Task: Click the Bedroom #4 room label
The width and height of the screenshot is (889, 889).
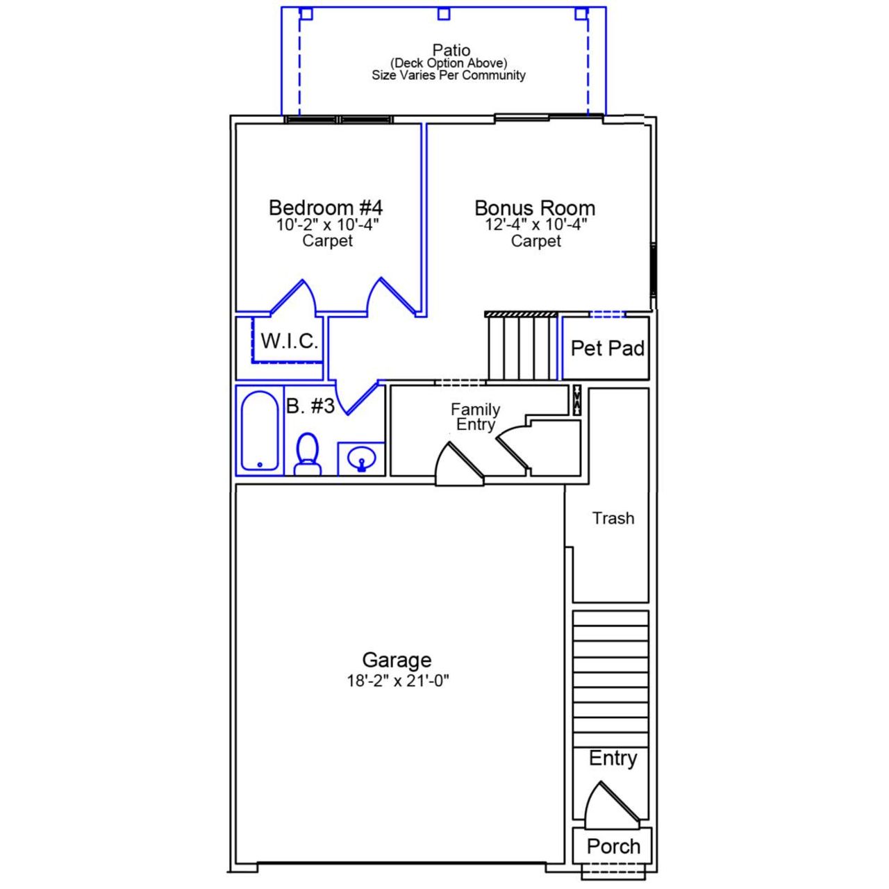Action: point(325,208)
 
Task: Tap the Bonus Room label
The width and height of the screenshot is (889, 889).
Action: point(535,208)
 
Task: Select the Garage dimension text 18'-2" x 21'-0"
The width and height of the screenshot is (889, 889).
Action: point(398,681)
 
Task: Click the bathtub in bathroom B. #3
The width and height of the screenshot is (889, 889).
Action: point(260,431)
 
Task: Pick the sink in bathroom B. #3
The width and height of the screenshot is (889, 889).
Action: point(361,459)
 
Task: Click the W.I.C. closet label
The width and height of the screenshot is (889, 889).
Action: point(290,341)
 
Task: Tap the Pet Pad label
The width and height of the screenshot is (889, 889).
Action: point(607,348)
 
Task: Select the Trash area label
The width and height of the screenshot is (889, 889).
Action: point(613,518)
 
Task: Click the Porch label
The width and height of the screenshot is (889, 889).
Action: point(613,846)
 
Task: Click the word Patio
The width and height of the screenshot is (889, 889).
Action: point(451,50)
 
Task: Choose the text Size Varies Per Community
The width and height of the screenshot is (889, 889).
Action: point(448,75)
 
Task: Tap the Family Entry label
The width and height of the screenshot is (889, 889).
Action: point(475,417)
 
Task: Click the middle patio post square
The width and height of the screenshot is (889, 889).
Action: point(444,14)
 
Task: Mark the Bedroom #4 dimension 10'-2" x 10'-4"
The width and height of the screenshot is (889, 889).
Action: point(327,225)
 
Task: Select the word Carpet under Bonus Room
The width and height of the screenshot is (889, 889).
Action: point(535,241)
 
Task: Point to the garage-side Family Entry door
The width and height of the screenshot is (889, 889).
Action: point(459,464)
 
